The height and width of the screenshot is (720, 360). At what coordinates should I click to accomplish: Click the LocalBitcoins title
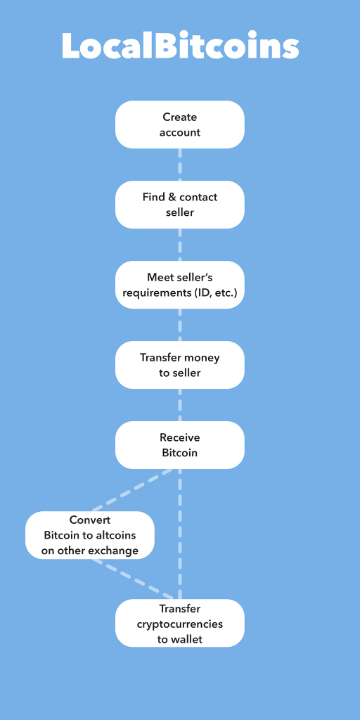[x=180, y=46]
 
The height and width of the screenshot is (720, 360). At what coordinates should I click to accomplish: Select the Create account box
[x=180, y=124]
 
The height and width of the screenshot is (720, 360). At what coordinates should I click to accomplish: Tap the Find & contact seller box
[x=180, y=205]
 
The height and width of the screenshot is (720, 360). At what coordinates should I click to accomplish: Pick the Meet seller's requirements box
[x=180, y=285]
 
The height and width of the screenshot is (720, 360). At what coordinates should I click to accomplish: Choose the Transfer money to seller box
[x=180, y=365]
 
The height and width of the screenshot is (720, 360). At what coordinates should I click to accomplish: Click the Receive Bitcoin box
[x=180, y=445]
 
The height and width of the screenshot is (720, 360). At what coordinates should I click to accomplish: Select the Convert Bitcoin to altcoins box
[x=90, y=535]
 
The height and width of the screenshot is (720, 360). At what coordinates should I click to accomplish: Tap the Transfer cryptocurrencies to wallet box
[x=180, y=623]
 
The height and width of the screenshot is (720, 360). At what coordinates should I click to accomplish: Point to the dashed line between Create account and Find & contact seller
[x=180, y=165]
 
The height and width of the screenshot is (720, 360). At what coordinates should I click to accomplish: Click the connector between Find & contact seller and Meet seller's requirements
[x=180, y=245]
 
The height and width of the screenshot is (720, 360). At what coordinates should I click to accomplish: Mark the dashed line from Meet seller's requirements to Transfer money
[x=180, y=325]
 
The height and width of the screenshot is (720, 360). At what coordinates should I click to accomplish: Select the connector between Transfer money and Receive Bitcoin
[x=180, y=405]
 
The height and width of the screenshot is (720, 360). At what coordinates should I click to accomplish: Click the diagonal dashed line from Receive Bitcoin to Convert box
[x=133, y=489]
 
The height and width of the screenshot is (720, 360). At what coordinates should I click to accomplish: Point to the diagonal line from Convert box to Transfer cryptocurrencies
[x=133, y=579]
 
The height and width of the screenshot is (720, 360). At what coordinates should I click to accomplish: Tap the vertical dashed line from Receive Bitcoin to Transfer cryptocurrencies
[x=180, y=534]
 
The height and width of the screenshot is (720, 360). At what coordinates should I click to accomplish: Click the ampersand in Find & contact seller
[x=172, y=198]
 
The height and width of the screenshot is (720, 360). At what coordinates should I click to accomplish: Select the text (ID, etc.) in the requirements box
[x=215, y=292]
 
